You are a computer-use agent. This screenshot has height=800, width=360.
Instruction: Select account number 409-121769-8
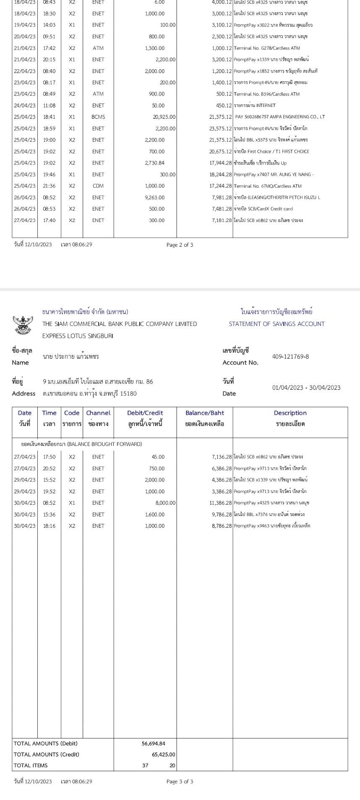pos(290,357)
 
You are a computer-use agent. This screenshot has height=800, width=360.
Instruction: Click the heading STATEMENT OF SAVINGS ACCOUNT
pos(277,324)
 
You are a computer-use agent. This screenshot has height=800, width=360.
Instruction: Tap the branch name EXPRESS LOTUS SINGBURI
pos(78,336)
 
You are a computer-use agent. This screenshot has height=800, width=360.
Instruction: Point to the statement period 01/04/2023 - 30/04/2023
pos(306,388)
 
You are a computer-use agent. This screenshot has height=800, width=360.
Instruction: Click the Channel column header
pos(98,413)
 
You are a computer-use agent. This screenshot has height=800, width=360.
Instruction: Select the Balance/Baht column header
pos(205,413)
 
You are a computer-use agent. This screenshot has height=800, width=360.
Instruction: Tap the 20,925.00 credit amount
pos(164,117)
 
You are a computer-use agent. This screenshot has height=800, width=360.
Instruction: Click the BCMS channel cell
pos(98,117)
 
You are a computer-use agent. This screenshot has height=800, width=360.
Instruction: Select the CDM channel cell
pos(98,186)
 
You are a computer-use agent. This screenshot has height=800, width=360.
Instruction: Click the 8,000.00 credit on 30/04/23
pos(165,503)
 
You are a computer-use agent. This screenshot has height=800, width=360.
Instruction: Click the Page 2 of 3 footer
pos(180,245)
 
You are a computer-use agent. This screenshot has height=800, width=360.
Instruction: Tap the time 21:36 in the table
pos(49,186)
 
